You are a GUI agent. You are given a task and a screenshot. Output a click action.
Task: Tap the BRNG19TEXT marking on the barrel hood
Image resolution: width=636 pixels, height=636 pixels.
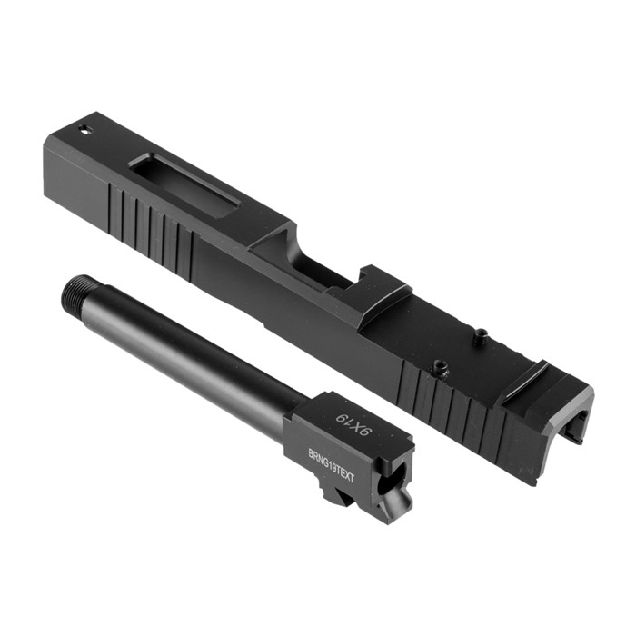click(x=332, y=464)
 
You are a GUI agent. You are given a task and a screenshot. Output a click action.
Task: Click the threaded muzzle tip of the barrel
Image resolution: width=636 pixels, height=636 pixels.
click(x=75, y=288)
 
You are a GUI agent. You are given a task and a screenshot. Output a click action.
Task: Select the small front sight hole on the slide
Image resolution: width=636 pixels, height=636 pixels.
click(x=84, y=130)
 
